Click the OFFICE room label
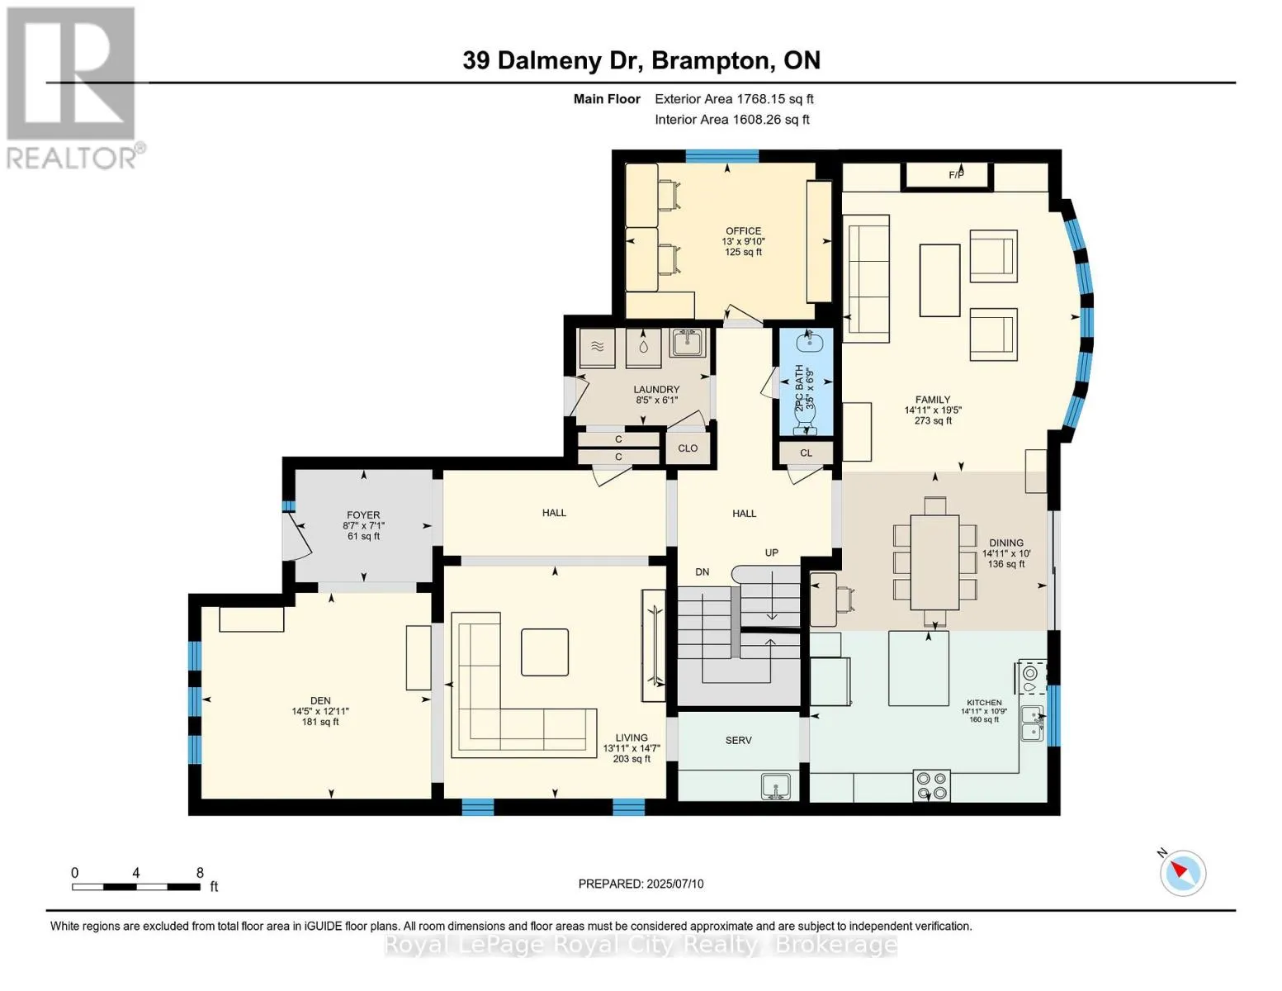pos(743,230)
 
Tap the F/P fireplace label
pos(956,175)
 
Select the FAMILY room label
pos(933,400)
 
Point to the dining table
pos(934,562)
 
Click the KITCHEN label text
pos(984,703)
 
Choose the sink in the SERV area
pos(777,787)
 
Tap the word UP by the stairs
pos(772,553)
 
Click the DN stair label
pos(702,572)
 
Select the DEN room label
pos(320,700)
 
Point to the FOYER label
pos(363,515)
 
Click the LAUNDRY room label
pos(656,390)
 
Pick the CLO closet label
pos(688,448)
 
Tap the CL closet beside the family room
pos(806,453)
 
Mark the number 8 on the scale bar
pos(200,873)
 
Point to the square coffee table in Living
pos(545,652)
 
